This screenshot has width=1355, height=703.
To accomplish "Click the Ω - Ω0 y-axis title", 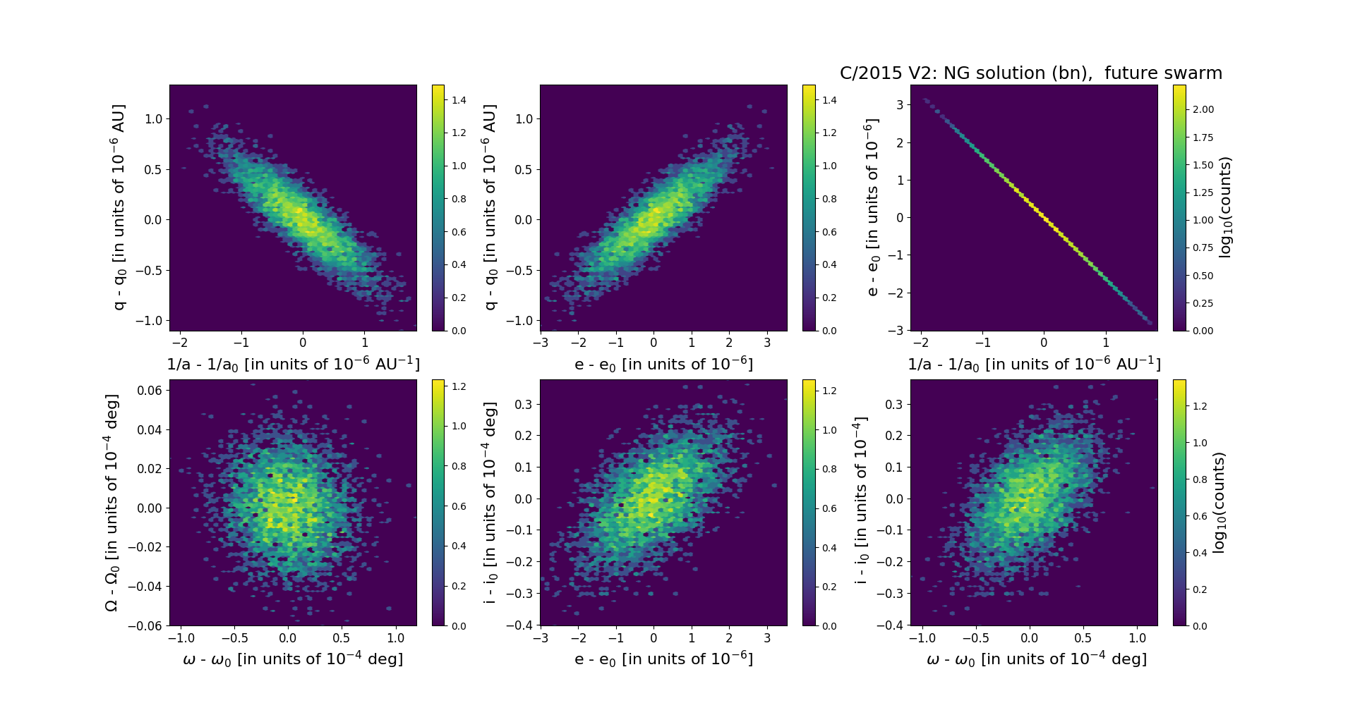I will (112, 502).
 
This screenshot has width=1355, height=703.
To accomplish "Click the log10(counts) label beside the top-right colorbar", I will (1225, 207).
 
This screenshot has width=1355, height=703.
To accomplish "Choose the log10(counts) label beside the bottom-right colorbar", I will (1219, 502).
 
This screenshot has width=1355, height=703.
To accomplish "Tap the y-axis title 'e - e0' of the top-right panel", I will (872, 207).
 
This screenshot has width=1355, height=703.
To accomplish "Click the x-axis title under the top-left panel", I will (293, 365).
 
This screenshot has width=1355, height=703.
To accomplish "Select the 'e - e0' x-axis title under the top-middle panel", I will (663, 365).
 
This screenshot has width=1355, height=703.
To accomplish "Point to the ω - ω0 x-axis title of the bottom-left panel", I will (293, 659).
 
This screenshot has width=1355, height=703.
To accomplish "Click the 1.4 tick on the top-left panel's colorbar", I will (459, 100).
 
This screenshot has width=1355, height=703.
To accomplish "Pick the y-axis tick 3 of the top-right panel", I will (900, 105).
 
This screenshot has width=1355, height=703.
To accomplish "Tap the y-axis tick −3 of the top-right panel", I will (896, 331).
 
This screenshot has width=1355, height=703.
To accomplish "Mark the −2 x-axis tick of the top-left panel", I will (180, 343).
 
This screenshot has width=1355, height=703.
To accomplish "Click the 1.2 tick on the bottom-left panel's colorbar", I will (459, 386).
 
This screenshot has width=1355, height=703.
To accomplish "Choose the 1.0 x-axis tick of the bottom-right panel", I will (1138, 638).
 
